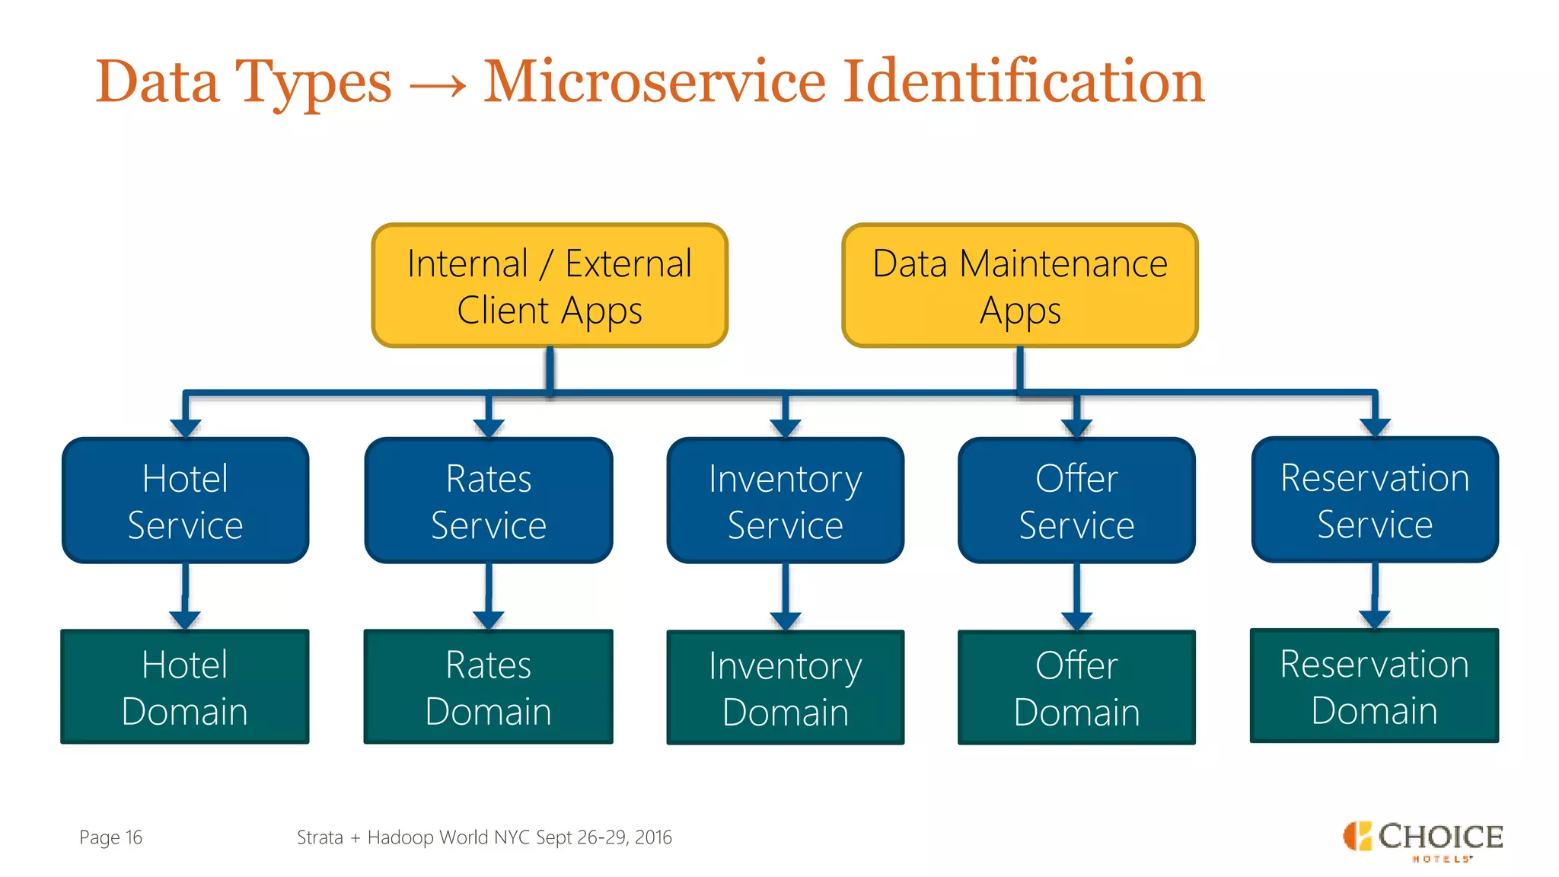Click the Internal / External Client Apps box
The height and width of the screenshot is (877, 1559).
coord(550,285)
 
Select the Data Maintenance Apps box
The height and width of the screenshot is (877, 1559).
coord(1020,285)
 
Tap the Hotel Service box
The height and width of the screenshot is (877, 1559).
coord(185,501)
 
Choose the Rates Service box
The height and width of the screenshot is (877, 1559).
coord(489,501)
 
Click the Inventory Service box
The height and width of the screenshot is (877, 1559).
coord(785,501)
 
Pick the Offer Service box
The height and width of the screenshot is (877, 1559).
coord(1076,501)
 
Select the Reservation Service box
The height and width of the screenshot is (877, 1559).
coord(1375,500)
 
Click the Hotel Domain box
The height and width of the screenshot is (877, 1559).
coord(185,687)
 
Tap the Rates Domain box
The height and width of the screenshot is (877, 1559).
coord(489,687)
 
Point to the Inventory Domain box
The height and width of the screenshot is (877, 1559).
coord(785,687)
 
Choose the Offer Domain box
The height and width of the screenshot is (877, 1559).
coord(1076,687)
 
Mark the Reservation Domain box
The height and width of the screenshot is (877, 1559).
coord(1374,686)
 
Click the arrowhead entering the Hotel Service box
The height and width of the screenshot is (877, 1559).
coord(185,427)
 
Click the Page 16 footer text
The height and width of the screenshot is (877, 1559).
coord(110,837)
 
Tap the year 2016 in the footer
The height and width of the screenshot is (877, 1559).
coord(653,837)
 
